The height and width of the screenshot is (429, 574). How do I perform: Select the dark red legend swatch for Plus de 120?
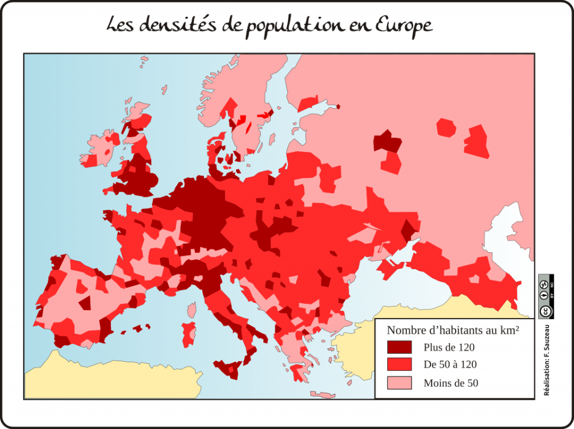399,347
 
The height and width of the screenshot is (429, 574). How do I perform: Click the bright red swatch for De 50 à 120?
399,365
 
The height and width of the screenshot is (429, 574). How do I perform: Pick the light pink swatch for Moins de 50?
399,382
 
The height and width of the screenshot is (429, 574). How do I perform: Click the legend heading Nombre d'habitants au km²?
452,330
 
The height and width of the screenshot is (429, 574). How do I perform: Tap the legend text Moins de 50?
451,383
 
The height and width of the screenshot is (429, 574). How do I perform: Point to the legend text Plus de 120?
449,348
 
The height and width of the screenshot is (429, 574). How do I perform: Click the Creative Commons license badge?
545,297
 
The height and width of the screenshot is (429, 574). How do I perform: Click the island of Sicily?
230,368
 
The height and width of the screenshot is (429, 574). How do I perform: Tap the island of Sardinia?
189,334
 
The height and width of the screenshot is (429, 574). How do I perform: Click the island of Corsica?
192,310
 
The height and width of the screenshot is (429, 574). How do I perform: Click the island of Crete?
322,395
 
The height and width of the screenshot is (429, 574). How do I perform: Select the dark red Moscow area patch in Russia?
386,141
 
